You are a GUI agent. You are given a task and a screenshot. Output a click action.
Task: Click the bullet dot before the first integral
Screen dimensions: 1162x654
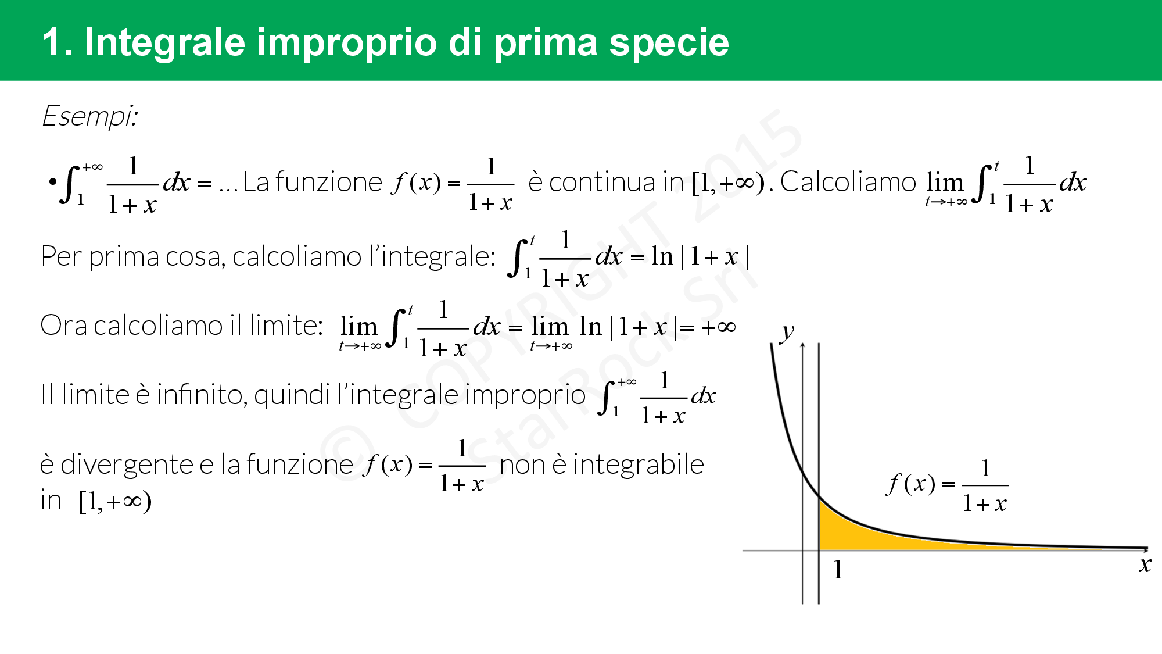[x=53, y=182]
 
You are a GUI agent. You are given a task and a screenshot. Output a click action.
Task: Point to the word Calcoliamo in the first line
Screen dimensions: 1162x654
[x=848, y=182]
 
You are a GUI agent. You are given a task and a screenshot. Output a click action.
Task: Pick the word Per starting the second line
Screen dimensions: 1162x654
[x=60, y=256]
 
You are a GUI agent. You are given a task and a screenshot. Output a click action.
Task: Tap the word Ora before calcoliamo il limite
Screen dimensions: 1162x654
[x=64, y=325]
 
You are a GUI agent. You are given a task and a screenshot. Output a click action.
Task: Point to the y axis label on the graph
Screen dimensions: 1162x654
[x=787, y=332]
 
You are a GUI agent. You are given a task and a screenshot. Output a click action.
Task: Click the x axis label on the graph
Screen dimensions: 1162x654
[x=1145, y=564]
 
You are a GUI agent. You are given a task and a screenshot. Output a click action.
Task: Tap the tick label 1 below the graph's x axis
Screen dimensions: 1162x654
[x=838, y=570]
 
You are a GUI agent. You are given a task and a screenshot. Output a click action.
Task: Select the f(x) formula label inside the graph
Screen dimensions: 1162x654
[x=947, y=485]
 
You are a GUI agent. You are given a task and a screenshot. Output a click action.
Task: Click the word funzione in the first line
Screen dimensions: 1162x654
[x=328, y=182]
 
